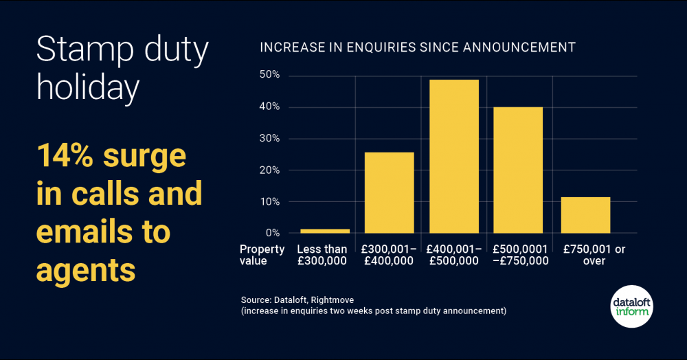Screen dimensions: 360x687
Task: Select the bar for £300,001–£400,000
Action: click(x=389, y=193)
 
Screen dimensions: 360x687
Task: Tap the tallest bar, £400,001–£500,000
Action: click(x=454, y=157)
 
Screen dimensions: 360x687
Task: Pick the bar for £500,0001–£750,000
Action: click(x=519, y=170)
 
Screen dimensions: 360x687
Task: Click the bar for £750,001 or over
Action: click(x=585, y=215)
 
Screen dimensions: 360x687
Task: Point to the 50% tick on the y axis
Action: click(x=269, y=75)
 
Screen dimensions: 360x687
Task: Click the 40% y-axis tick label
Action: click(x=269, y=106)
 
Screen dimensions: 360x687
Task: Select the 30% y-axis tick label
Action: click(x=269, y=138)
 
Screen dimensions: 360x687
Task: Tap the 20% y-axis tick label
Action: click(x=269, y=170)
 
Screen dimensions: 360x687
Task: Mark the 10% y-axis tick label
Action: click(x=269, y=201)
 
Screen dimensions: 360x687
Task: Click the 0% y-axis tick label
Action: click(x=271, y=233)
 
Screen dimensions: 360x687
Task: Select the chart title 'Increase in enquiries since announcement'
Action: click(x=417, y=47)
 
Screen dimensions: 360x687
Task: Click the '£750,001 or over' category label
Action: click(x=593, y=255)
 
